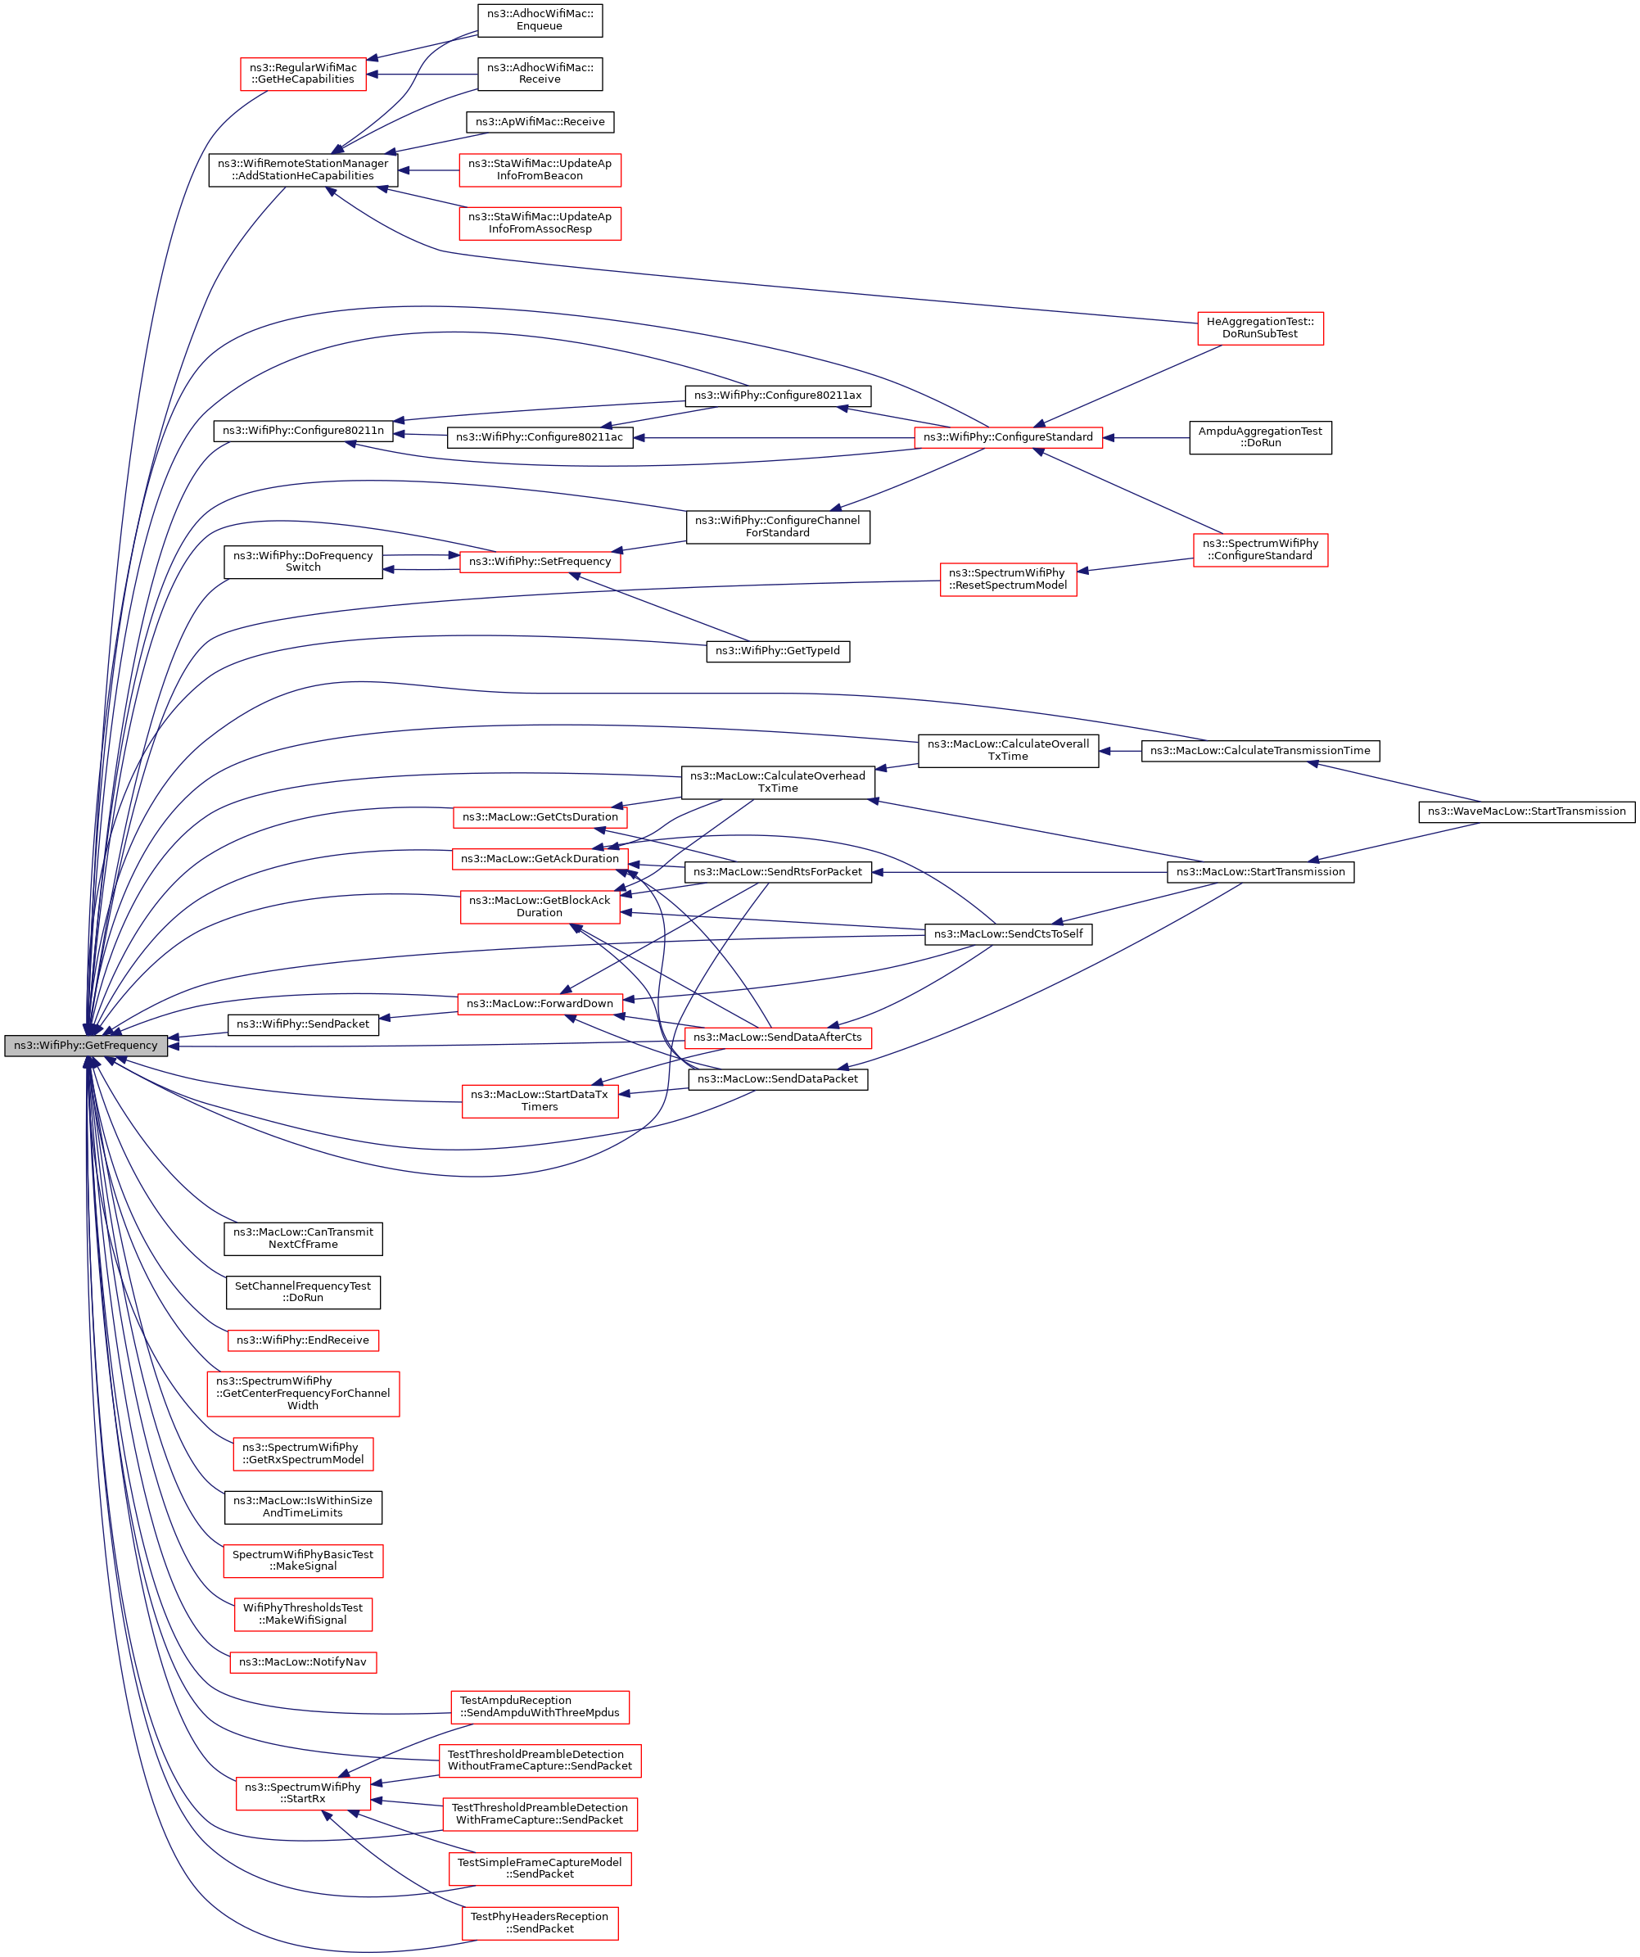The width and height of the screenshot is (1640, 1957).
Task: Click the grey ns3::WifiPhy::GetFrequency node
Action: point(86,1046)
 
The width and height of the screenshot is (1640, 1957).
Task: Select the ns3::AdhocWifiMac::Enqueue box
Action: point(540,20)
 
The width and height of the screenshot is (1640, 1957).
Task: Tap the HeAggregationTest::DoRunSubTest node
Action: point(1260,328)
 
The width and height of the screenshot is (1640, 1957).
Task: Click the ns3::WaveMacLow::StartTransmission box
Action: point(1526,811)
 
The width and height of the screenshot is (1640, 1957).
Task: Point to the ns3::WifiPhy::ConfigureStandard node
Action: point(1008,437)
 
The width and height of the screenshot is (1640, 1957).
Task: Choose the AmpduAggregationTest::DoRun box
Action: point(1260,437)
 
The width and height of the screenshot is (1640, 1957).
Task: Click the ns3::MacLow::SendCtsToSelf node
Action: point(1008,933)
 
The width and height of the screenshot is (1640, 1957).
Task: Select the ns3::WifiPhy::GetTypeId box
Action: point(778,650)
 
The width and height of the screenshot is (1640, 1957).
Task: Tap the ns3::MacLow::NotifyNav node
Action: point(303,1661)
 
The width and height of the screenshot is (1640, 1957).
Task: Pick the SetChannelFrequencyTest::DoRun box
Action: point(303,1291)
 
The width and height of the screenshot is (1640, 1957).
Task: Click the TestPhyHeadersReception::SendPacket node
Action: point(540,1923)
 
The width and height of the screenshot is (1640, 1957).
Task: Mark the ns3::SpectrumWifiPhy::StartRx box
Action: point(303,1793)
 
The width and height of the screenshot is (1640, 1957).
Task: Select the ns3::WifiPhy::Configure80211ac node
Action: point(540,437)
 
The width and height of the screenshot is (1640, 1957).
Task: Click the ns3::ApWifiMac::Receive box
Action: point(540,122)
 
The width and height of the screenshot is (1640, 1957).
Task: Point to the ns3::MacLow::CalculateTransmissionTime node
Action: point(1260,750)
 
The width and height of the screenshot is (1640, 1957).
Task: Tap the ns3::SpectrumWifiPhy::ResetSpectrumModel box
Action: point(1008,579)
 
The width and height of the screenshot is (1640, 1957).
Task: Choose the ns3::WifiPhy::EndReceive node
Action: point(303,1340)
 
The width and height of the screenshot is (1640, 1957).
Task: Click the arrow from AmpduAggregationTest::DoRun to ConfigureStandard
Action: point(1146,437)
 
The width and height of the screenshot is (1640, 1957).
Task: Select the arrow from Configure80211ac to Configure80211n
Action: point(420,434)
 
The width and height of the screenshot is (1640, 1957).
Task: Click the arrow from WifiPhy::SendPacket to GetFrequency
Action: point(198,1035)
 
